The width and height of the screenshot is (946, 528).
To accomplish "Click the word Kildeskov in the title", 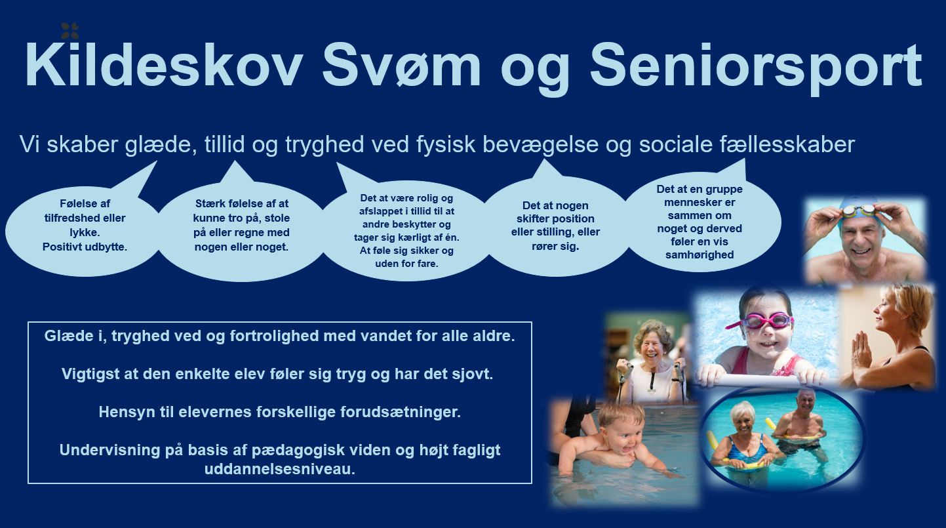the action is click(x=164, y=64).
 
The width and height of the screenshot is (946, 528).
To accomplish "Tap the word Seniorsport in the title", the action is click(x=755, y=68).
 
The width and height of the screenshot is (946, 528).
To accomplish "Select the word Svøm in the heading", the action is click(x=401, y=64).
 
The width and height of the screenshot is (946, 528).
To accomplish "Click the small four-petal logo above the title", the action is click(x=69, y=30).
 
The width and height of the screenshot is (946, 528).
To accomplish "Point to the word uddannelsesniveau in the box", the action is click(x=279, y=469).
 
